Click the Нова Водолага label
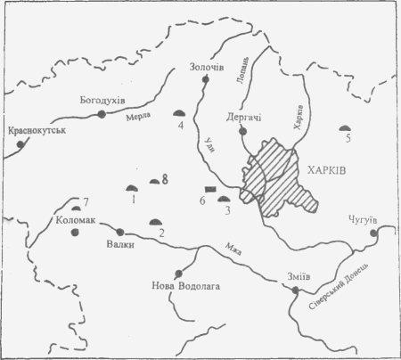tap(184, 286)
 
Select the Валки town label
tap(118, 249)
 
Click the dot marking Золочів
tap(206, 80)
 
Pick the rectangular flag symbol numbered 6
tap(211, 190)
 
